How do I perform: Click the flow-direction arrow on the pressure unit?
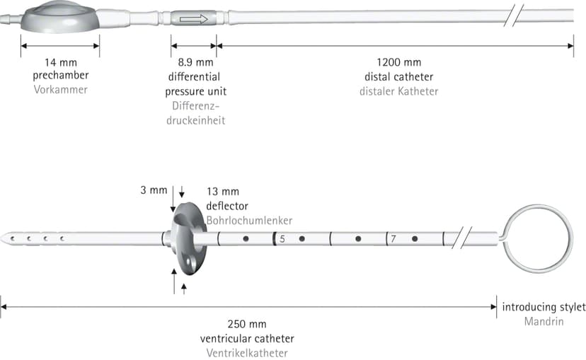pyautogui.click(x=194, y=19)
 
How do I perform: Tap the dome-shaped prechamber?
pyautogui.click(x=60, y=17)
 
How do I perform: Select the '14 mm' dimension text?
pyautogui.click(x=61, y=62)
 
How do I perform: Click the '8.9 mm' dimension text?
pyautogui.click(x=196, y=62)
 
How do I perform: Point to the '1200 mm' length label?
pyautogui.click(x=398, y=62)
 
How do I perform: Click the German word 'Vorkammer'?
pyautogui.click(x=61, y=90)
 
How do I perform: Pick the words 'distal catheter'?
pyautogui.click(x=398, y=77)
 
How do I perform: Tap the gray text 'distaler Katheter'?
pyautogui.click(x=398, y=91)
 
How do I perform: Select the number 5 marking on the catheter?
pyautogui.click(x=282, y=239)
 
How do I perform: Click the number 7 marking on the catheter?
pyautogui.click(x=393, y=238)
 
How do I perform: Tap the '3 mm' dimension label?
pyautogui.click(x=154, y=190)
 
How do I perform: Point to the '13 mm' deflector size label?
pyautogui.click(x=223, y=192)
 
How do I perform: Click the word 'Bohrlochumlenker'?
pyautogui.click(x=249, y=221)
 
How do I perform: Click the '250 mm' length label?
pyautogui.click(x=247, y=324)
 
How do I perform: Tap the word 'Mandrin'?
pyautogui.click(x=544, y=322)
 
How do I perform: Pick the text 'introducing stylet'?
pyautogui.click(x=544, y=307)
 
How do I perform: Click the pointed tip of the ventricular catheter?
pyautogui.click(x=1, y=238)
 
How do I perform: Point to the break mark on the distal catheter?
pyautogui.click(x=514, y=16)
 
